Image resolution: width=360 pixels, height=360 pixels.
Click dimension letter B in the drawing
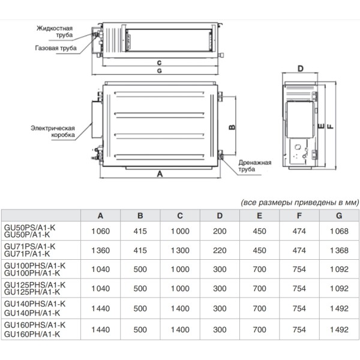pos(231,127)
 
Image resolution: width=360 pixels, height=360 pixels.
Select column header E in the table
pos(259,215)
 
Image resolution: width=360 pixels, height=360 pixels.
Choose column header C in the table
pos(180,215)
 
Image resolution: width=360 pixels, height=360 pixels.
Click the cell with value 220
pos(220,250)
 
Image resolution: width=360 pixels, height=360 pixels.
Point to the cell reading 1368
pos(339,250)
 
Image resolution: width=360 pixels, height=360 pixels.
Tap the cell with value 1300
pos(180,250)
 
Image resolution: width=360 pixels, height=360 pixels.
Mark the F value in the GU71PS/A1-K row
pos(299,250)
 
